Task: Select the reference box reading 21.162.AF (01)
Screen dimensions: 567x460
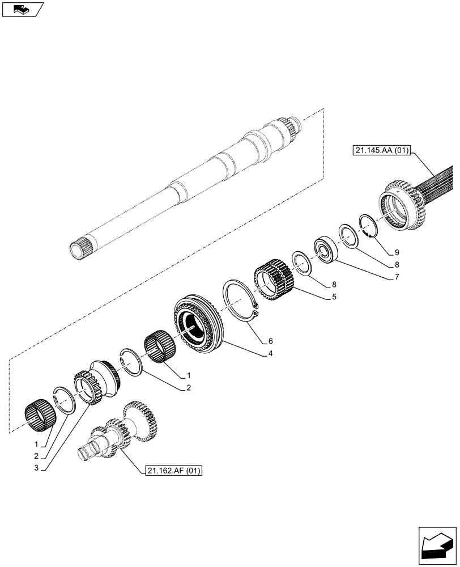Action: [x=173, y=470]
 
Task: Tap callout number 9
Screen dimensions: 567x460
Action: [x=397, y=251]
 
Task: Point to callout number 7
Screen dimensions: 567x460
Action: [x=397, y=277]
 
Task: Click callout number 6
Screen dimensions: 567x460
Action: [x=270, y=341]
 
